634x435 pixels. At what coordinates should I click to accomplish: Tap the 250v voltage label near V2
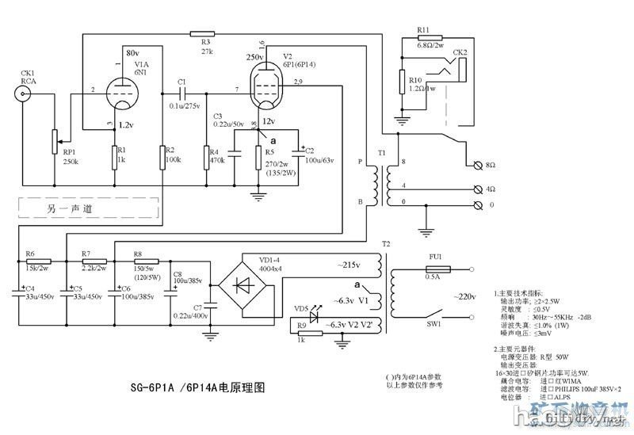click(x=254, y=57)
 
